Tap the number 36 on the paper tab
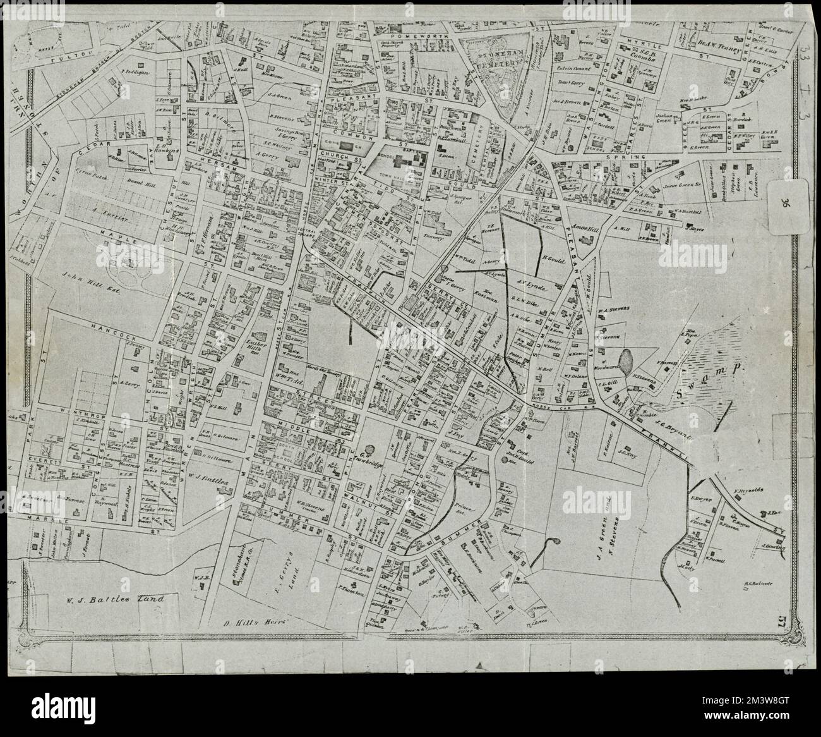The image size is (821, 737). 784,204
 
